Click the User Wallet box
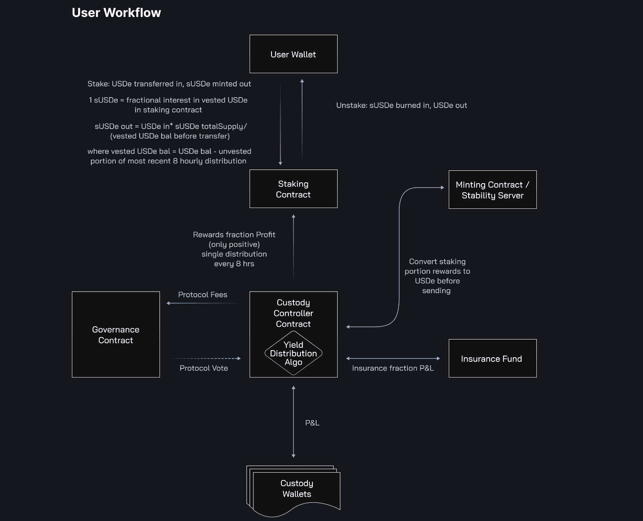(293, 54)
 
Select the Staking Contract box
(293, 189)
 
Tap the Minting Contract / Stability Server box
(493, 190)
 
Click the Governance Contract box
(116, 335)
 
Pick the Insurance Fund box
(493, 358)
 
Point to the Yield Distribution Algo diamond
(293, 354)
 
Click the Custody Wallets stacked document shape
(296, 489)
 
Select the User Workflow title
(117, 13)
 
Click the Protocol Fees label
(202, 295)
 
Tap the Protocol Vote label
(204, 368)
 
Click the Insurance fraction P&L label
(393, 368)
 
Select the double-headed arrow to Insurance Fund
(393, 358)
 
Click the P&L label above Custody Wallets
(312, 423)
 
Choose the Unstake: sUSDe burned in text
(401, 105)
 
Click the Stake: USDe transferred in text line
(169, 84)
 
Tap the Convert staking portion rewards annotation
(437, 276)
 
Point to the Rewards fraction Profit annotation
(234, 249)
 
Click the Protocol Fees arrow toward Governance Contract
(202, 303)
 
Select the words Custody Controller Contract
(293, 313)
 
